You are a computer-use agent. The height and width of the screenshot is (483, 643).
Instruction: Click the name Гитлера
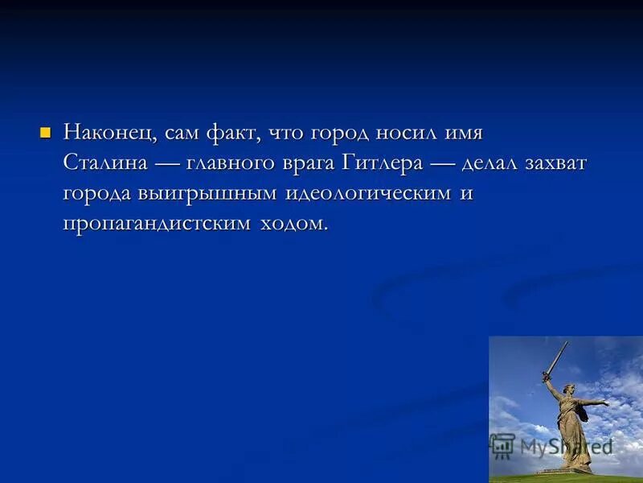tap(382, 163)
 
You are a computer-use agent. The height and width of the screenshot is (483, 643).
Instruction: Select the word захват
tap(556, 163)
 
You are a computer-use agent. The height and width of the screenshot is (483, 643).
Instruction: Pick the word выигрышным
tap(201, 194)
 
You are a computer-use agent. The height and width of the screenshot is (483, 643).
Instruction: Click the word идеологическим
tap(368, 194)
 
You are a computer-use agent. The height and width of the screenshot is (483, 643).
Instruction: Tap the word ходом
tap(294, 224)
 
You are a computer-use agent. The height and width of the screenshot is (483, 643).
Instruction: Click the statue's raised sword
tap(556, 357)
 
